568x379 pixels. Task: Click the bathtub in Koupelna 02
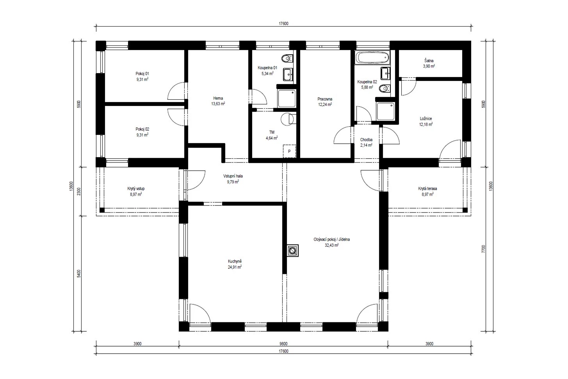[372, 57]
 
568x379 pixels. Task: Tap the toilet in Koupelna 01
[287, 59]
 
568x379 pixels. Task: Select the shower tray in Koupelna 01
[287, 98]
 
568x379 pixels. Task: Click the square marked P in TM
[289, 151]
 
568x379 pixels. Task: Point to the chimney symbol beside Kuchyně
[293, 251]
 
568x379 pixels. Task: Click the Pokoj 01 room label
[142, 73]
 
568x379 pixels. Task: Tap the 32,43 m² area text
[332, 245]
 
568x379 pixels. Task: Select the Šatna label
[429, 61]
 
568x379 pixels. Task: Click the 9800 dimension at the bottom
[283, 344]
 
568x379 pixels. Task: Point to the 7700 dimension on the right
[483, 249]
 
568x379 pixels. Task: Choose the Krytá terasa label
[427, 189]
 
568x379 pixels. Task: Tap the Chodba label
[366, 139]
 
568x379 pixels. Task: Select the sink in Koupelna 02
[385, 73]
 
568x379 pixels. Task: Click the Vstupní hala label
[233, 176]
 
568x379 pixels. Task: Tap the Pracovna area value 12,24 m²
[325, 104]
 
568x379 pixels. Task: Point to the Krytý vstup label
[136, 189]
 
